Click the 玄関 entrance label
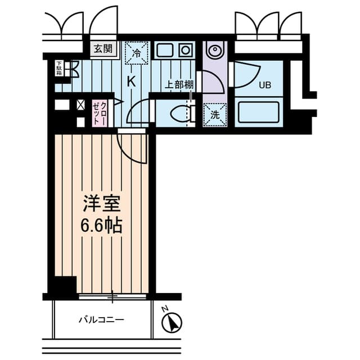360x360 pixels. point(101,48)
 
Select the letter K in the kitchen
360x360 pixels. point(132,80)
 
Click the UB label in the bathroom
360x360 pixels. point(264,86)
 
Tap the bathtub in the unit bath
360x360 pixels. point(259,111)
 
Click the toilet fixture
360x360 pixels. point(183,113)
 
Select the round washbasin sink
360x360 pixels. point(215,51)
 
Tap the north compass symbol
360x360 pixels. point(172,322)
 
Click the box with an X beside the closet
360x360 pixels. point(80,105)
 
